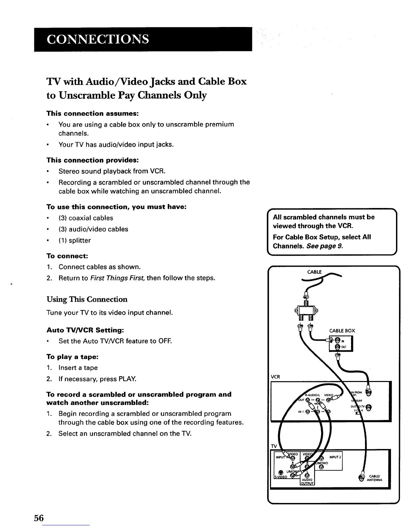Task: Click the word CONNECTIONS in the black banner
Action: [x=97, y=39]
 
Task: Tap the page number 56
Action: [x=39, y=518]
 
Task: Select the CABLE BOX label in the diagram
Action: [x=342, y=331]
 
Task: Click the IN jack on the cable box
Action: [x=337, y=340]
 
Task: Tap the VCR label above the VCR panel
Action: [x=275, y=377]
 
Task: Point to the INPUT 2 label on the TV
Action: [x=335, y=456]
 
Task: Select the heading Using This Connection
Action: [x=87, y=299]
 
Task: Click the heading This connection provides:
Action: [x=93, y=160]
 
